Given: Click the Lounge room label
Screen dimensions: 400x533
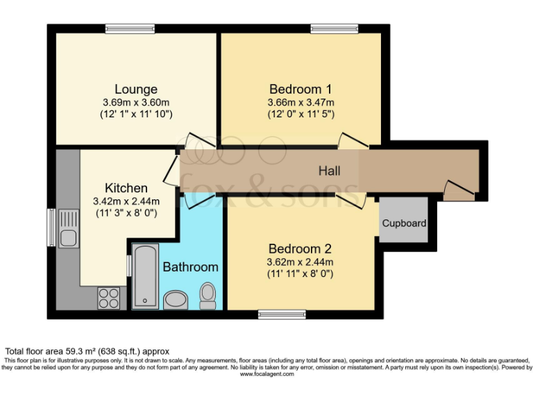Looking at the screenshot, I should click(x=136, y=89).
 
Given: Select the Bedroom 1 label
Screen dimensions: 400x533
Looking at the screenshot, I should click(x=300, y=89).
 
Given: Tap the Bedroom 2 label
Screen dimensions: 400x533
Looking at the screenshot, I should click(x=300, y=249).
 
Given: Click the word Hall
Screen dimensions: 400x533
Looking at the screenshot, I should click(x=329, y=170).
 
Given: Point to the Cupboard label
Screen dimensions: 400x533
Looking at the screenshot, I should click(x=404, y=224).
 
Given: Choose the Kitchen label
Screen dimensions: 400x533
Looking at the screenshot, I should click(x=126, y=188).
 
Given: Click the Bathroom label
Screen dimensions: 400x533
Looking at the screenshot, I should click(x=190, y=267).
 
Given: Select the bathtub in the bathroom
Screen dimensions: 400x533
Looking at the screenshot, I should click(x=145, y=276).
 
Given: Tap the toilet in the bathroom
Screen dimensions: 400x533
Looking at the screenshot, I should click(x=208, y=295).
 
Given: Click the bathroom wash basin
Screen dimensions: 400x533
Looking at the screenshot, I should click(x=176, y=300).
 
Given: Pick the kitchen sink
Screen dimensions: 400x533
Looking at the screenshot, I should click(x=68, y=229).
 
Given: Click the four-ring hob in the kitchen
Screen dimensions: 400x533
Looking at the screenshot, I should click(x=108, y=298).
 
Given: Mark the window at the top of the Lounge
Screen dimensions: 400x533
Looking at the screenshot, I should click(x=125, y=28).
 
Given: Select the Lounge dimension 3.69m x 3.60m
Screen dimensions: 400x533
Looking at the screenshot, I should click(x=136, y=101).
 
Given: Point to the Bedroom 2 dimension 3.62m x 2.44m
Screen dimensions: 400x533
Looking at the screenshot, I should click(x=300, y=262).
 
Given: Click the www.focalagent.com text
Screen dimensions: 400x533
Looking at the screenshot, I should click(x=266, y=374).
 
